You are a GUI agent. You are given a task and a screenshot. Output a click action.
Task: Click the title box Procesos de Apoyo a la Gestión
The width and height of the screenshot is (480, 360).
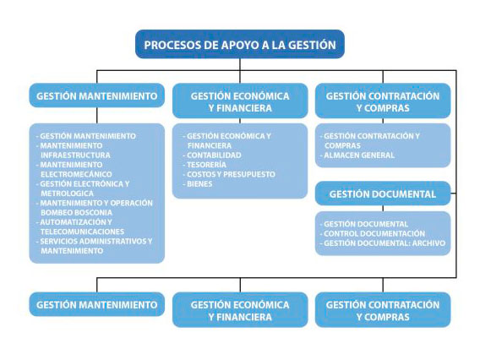pos(240,44)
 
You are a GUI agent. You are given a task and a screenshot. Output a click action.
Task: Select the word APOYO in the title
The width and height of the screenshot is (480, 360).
pos(240,45)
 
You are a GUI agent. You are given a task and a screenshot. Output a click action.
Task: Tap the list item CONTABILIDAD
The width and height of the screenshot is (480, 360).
pos(214,155)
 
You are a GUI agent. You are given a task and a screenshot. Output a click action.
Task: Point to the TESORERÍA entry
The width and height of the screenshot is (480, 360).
pos(207,165)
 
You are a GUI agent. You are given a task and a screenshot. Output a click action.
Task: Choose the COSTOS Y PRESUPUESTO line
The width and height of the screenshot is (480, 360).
pos(231,174)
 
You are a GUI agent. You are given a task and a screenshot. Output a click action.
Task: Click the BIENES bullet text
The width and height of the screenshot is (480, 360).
pos(199,184)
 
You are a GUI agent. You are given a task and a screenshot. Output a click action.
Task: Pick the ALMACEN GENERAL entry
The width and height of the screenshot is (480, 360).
pos(359,155)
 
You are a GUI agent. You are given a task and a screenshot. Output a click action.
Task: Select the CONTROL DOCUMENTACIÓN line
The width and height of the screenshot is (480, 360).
pos(374,233)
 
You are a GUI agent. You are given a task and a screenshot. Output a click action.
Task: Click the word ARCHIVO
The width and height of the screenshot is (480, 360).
pos(428,243)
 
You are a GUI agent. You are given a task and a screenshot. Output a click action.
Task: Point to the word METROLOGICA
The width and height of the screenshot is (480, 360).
pos(68,194)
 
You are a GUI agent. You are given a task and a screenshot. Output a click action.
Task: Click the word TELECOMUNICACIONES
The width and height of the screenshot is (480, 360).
pos(83,232)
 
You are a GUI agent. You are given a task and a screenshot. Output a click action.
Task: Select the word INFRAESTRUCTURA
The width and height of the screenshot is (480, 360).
pos(75,155)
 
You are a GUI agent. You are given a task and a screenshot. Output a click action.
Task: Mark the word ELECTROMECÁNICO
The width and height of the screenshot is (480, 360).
pos(76,174)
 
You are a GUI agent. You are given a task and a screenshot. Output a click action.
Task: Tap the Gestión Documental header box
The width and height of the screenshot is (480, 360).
pos(383,194)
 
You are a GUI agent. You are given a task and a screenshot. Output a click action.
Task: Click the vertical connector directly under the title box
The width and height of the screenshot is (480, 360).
pos(240,64)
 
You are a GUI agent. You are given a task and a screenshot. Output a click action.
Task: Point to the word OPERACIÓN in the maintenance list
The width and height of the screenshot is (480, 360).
pos(132,203)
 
